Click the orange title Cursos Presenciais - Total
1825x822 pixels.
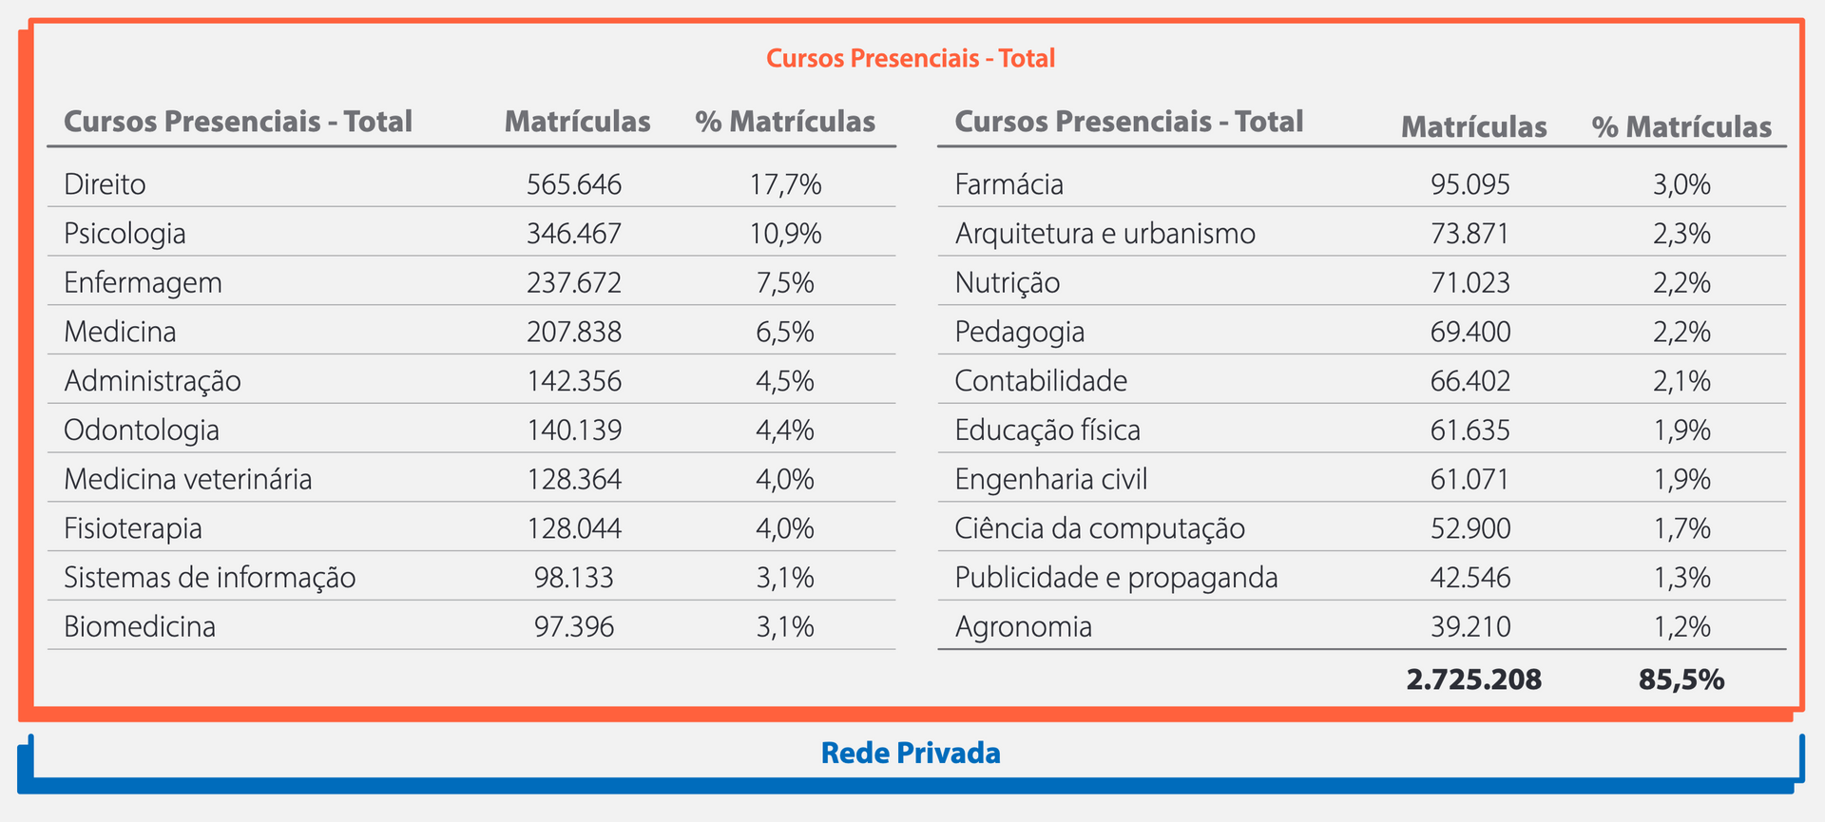click(911, 58)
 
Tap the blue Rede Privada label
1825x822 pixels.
click(911, 753)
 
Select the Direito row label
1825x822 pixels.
click(105, 183)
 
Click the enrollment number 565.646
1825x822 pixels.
click(574, 183)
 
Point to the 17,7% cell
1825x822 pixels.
click(785, 183)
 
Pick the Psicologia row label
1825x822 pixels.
click(125, 233)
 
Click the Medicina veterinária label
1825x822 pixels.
click(187, 479)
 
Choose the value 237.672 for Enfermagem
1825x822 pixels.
click(574, 282)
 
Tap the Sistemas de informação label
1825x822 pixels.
click(209, 577)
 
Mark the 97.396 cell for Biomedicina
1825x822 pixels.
click(574, 626)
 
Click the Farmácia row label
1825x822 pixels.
click(1009, 183)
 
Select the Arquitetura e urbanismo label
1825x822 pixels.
click(1105, 233)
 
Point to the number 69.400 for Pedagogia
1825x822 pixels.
click(1470, 332)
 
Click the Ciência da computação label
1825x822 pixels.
click(1100, 528)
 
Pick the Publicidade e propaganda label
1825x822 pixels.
click(1116, 577)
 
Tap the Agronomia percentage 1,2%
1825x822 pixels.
click(1681, 626)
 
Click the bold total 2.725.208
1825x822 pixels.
click(1474, 679)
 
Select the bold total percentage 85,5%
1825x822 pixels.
click(1681, 679)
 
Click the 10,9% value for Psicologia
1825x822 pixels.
click(785, 233)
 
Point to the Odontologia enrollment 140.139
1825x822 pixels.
click(574, 430)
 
